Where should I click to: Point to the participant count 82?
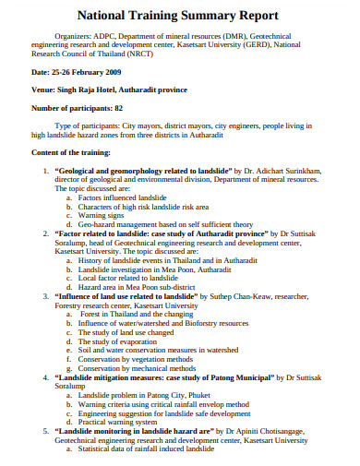point(118,108)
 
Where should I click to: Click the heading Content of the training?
point(72,151)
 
